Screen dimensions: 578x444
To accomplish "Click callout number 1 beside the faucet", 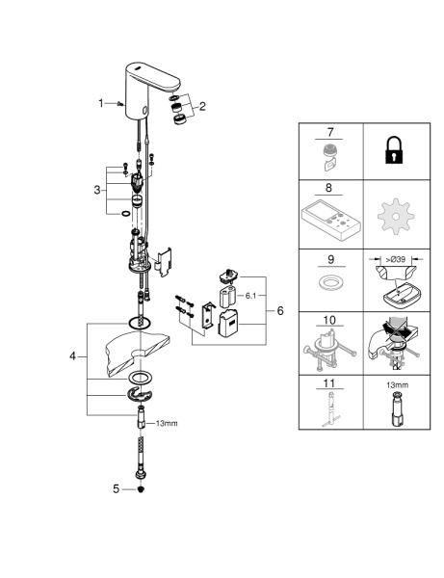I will [101, 103].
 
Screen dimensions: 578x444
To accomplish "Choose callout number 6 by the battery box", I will [280, 311].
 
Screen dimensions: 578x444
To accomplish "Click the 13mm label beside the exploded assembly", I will [168, 423].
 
